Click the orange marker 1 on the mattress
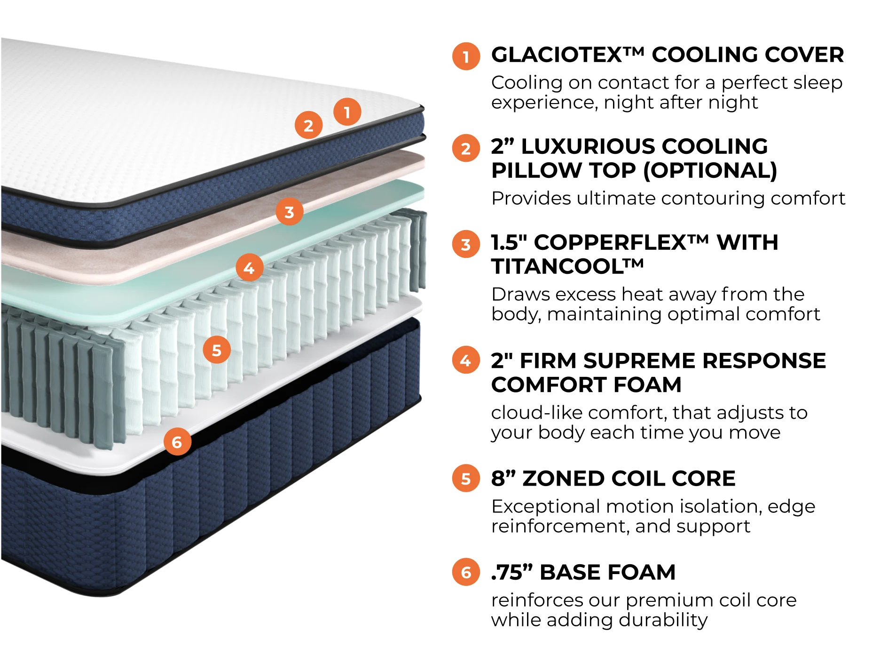347,112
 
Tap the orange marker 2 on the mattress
308,125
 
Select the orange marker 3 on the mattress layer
289,212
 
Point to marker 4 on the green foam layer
249,267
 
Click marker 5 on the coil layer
216,350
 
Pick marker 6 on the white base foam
177,441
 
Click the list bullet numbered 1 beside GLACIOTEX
465,56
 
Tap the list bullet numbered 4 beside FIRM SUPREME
465,360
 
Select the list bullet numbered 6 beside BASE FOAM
465,572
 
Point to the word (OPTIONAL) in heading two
710,170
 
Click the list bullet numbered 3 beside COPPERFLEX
465,244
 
